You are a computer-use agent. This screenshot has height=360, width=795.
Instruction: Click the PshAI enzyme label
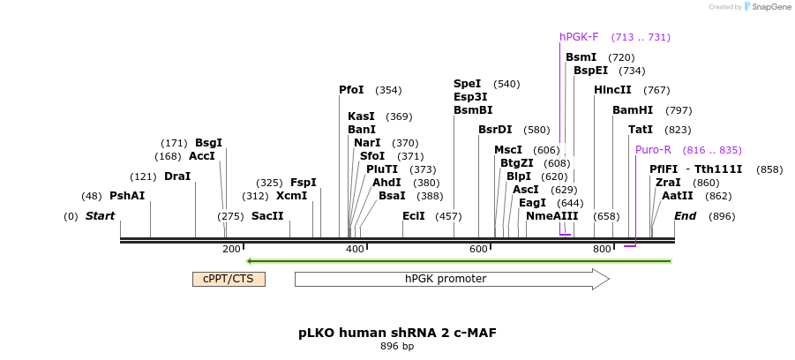tap(127, 196)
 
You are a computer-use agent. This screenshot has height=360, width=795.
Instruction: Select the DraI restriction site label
tap(177, 176)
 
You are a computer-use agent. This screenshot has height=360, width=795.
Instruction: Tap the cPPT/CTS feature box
tap(229, 279)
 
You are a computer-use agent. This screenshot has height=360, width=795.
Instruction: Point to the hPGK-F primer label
tap(579, 37)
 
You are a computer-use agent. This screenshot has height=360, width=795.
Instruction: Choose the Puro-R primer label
tap(653, 149)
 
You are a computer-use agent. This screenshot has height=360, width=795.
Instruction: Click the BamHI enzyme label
tap(633, 110)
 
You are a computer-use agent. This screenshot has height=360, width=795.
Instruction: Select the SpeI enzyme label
tap(468, 84)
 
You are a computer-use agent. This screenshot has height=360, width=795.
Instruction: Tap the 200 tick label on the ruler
tap(231, 250)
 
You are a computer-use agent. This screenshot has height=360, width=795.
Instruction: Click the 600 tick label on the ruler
tap(478, 250)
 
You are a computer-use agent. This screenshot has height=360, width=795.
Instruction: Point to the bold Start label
tap(100, 216)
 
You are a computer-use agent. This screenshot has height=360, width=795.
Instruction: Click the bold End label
tap(686, 216)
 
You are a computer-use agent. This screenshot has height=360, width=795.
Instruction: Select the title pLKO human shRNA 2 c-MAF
tap(397, 334)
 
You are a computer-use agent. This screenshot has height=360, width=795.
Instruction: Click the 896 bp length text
tap(397, 347)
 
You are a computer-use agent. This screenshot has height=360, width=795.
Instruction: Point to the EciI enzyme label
tap(414, 216)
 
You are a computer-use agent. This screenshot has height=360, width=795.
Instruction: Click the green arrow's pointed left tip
tap(249, 261)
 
